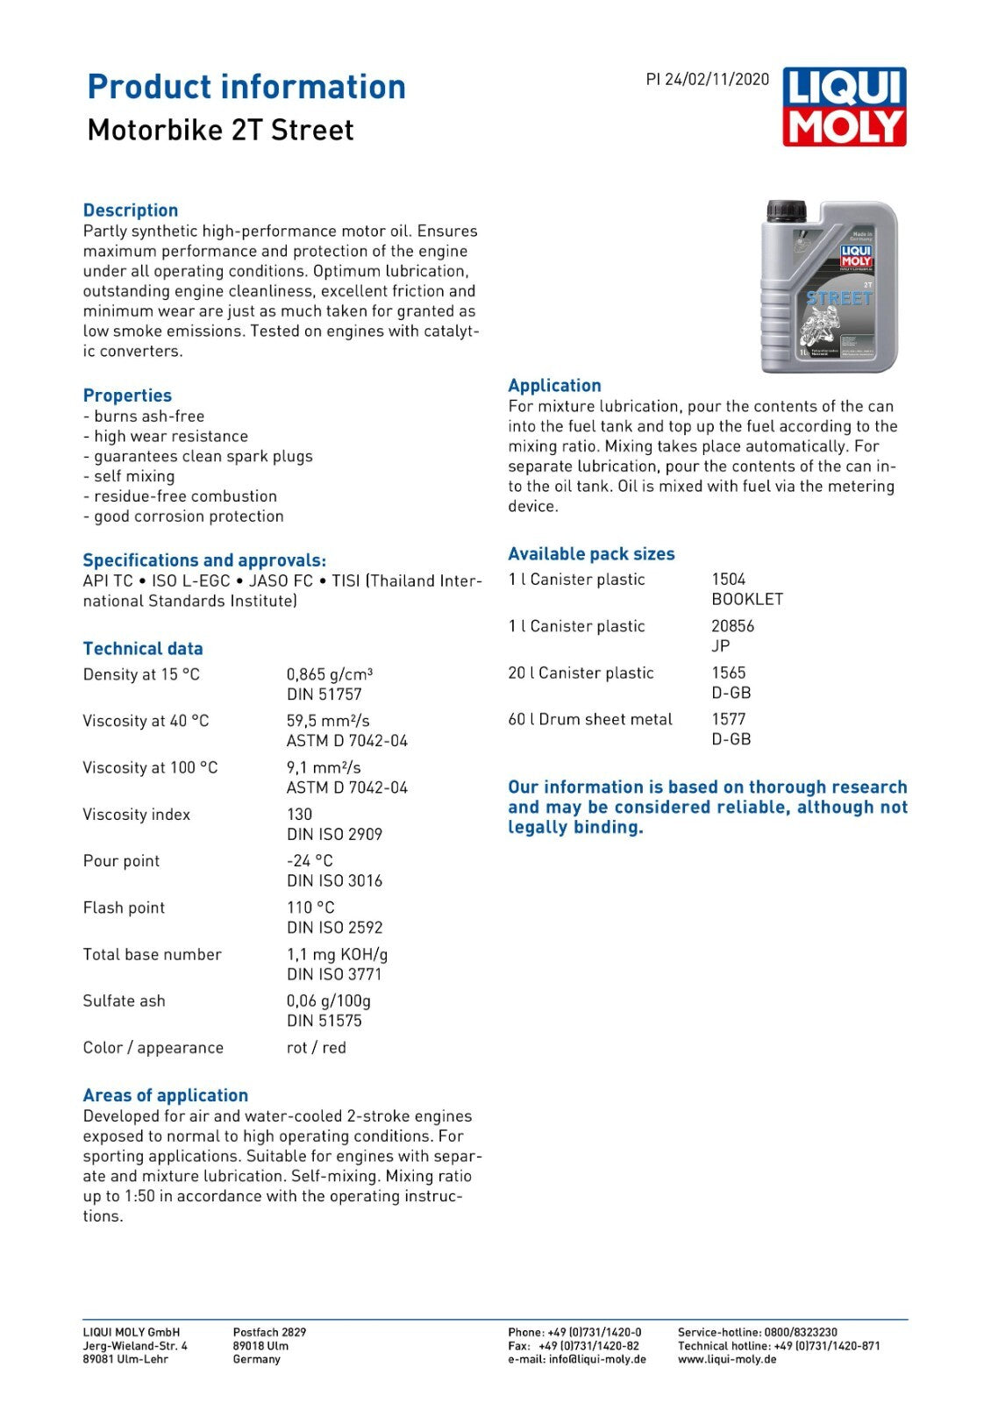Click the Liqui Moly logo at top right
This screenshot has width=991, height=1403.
844,107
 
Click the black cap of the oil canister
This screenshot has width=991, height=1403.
786,211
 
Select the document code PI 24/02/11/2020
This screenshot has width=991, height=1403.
707,80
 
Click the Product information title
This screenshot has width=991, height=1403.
246,87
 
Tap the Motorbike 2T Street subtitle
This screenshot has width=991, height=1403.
220,131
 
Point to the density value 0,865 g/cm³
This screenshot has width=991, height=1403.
330,674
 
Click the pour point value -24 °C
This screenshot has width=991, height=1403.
310,861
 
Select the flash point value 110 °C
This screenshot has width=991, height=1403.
310,908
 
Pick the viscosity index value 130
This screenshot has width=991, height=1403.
299,815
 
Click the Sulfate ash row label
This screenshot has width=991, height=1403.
124,1001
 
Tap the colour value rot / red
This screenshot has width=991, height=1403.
316,1048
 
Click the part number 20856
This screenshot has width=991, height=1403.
732,626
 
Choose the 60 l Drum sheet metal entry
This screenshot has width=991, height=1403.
590,719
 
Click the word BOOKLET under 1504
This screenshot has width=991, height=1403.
747,600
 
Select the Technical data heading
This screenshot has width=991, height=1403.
143,649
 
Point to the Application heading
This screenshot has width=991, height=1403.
554,386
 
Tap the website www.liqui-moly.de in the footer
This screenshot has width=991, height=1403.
727,1359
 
